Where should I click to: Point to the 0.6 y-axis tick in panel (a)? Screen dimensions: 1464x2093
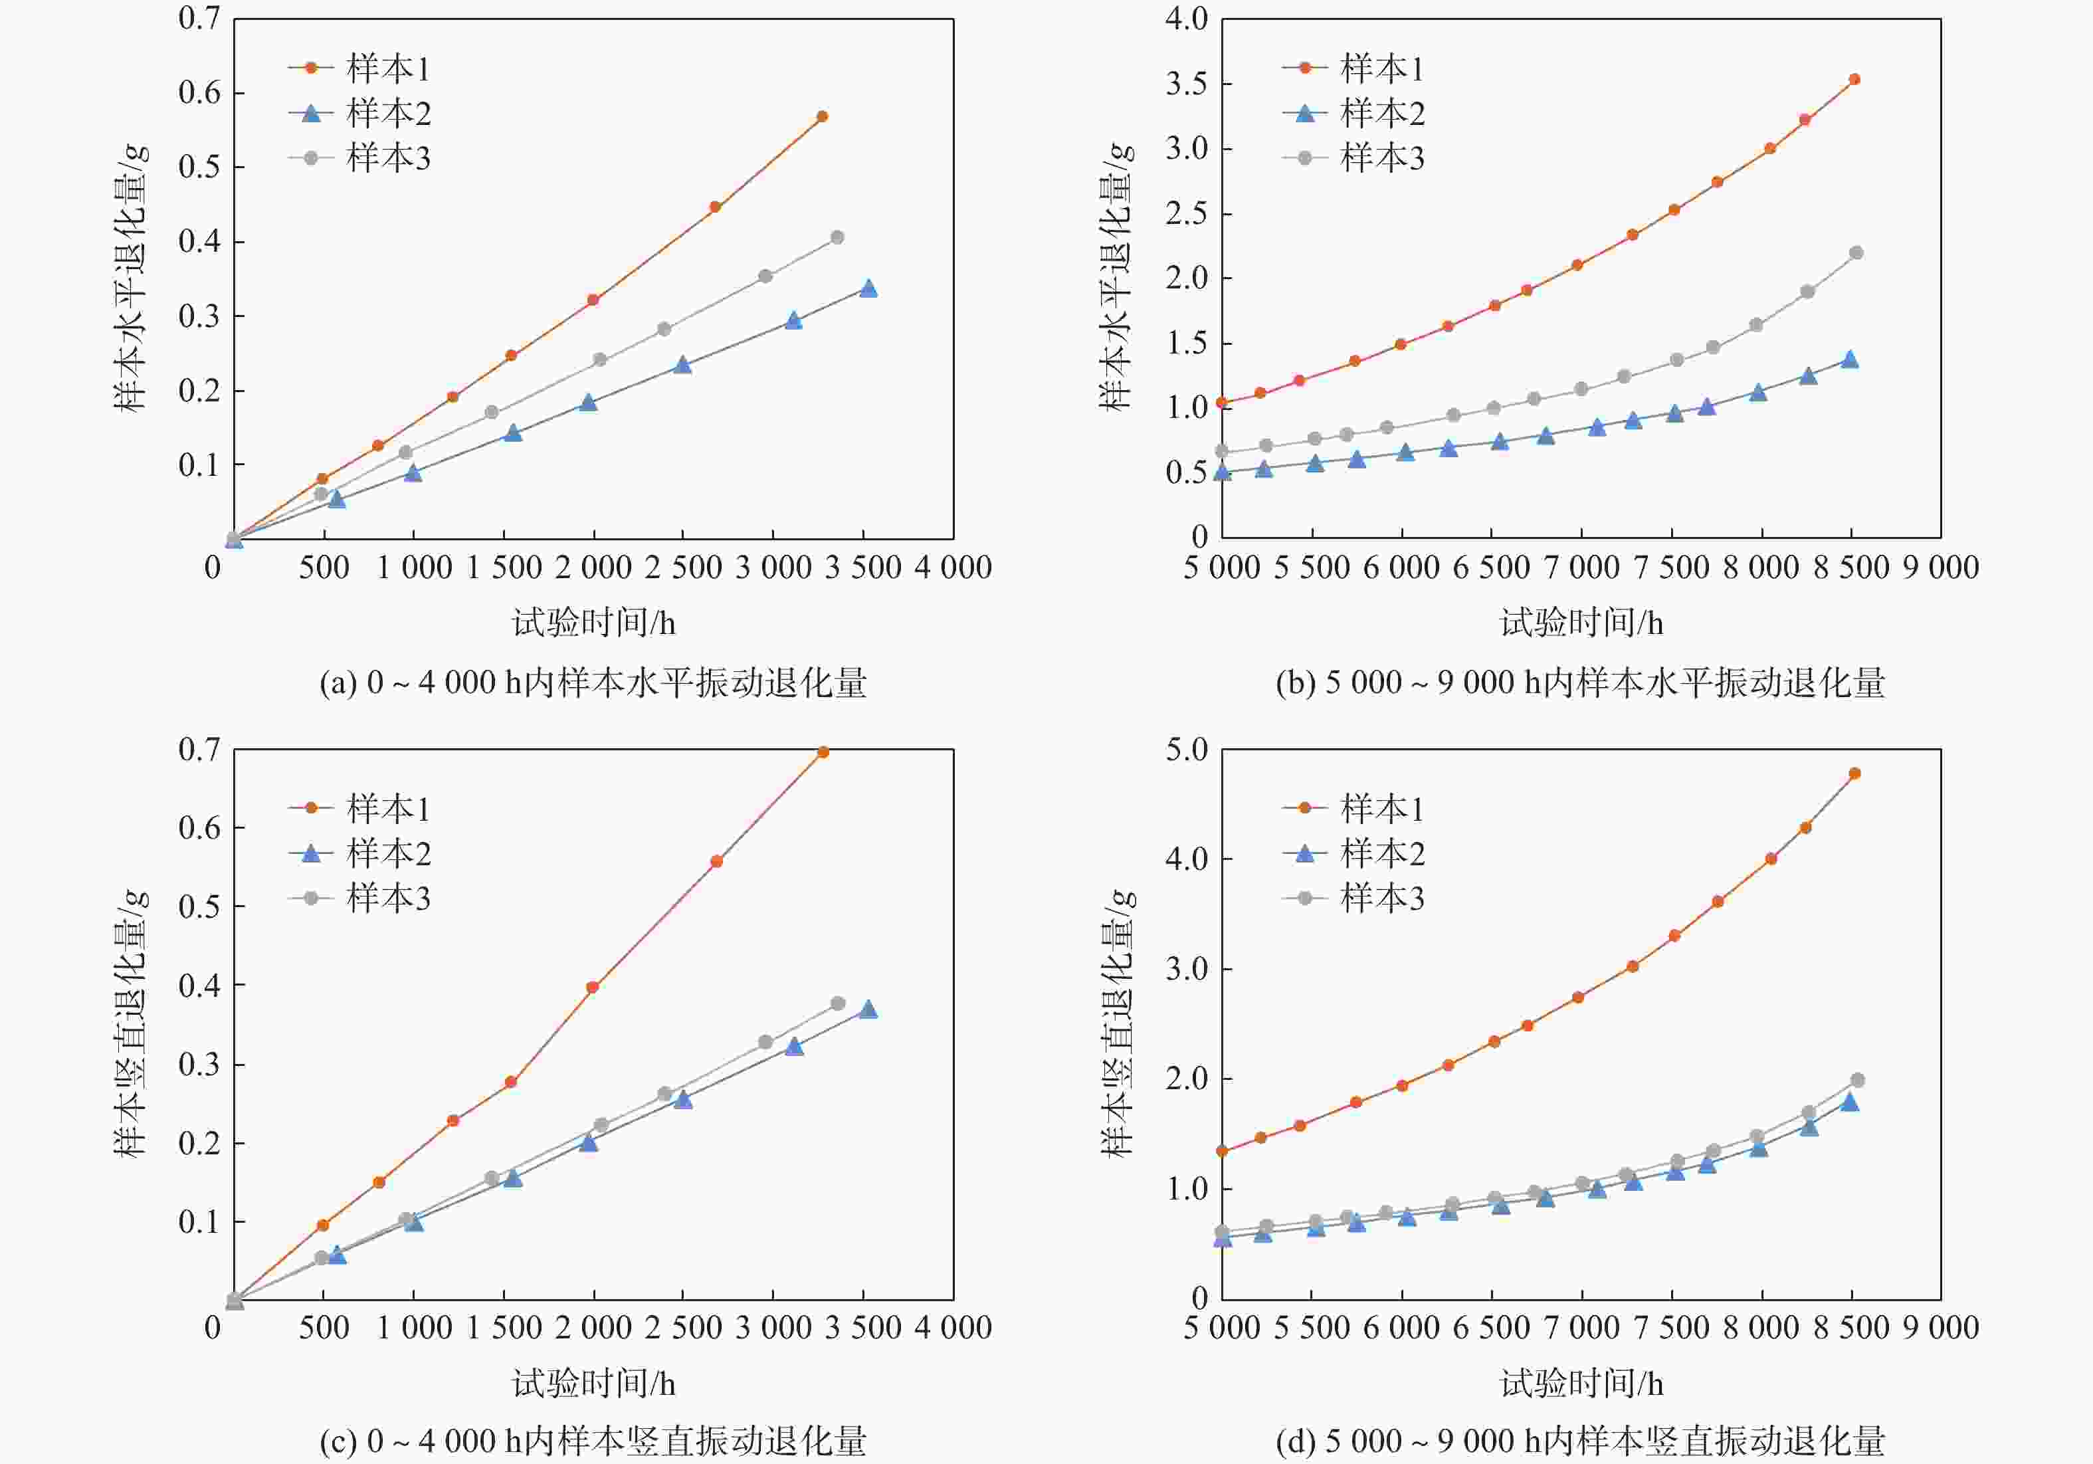point(199,93)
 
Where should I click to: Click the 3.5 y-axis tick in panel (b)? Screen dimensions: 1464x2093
point(1186,84)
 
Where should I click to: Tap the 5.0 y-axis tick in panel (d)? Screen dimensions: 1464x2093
point(1186,750)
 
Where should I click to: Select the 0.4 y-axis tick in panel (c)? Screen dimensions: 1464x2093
point(199,986)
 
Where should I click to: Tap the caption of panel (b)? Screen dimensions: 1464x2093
point(1580,682)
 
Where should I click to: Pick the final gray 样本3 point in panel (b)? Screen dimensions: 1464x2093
point(1856,253)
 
